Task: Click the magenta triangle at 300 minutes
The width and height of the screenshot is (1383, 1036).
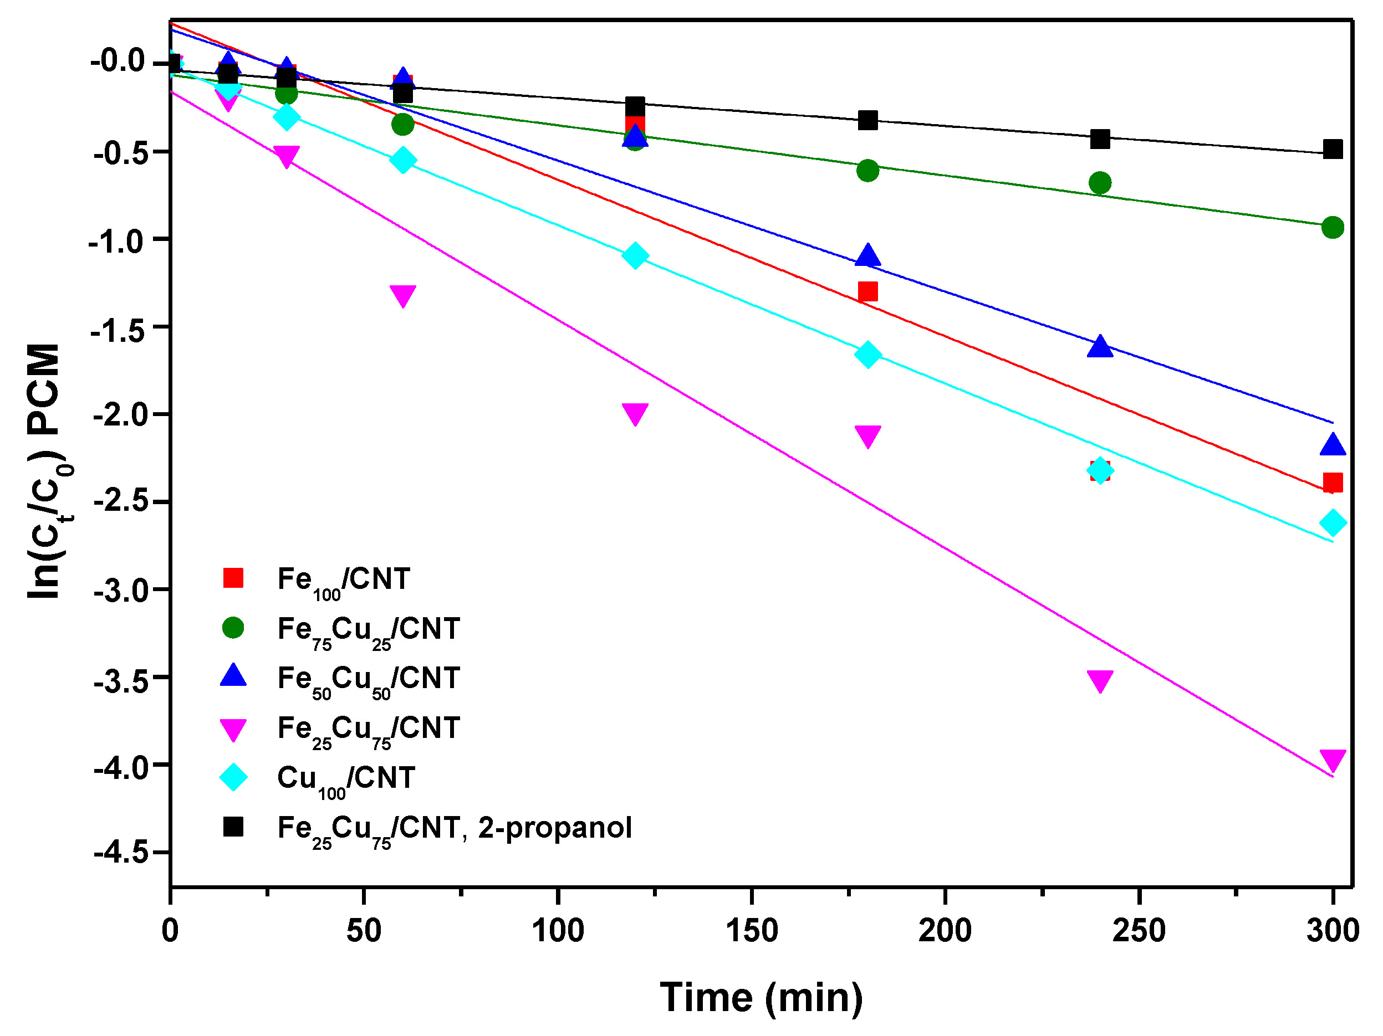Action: (1333, 760)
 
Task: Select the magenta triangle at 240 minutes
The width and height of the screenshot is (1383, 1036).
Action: (1100, 680)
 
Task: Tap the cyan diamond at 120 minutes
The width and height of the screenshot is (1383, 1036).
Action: (635, 255)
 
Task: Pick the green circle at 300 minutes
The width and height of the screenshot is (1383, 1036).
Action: (1333, 228)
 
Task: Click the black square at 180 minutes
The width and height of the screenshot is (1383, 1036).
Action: (867, 120)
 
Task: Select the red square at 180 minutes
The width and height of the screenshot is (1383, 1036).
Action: (867, 291)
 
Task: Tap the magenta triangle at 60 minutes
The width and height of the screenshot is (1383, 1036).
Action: (402, 295)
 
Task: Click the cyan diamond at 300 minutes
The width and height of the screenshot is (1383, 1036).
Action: (1333, 522)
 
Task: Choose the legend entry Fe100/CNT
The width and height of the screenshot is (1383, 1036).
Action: (343, 580)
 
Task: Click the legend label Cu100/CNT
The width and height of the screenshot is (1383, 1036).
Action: (346, 778)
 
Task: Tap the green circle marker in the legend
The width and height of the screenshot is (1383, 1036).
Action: (233, 627)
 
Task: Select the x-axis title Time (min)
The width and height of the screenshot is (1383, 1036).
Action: (761, 997)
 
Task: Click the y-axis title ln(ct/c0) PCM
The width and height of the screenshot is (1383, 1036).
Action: (45, 472)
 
